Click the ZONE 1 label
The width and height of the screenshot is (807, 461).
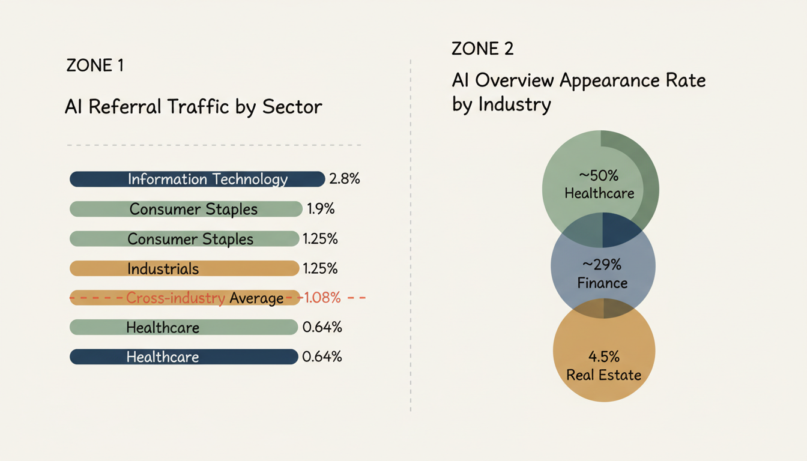pyautogui.click(x=95, y=65)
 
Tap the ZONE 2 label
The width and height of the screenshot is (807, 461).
pyautogui.click(x=482, y=49)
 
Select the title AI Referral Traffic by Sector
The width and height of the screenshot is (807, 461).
pyautogui.click(x=193, y=107)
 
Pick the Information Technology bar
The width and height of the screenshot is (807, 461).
pyautogui.click(x=197, y=179)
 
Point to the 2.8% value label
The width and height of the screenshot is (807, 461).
pyautogui.click(x=345, y=179)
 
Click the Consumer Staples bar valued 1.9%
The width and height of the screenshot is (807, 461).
pyautogui.click(x=186, y=209)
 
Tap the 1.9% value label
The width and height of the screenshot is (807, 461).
pyautogui.click(x=321, y=209)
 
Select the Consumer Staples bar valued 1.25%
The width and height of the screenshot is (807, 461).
pyautogui.click(x=184, y=239)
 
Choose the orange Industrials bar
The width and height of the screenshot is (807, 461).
pyautogui.click(x=184, y=268)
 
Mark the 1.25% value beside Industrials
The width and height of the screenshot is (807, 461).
pyautogui.click(x=321, y=268)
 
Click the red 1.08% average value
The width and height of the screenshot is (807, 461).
pyautogui.click(x=322, y=298)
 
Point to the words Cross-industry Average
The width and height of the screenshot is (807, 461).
pyautogui.click(x=205, y=298)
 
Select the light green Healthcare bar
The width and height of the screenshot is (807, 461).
pyautogui.click(x=184, y=327)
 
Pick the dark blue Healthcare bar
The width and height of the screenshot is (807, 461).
pyautogui.click(x=184, y=357)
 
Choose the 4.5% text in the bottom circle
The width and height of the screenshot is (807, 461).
pyautogui.click(x=603, y=357)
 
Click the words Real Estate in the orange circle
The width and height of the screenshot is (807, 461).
pyautogui.click(x=603, y=375)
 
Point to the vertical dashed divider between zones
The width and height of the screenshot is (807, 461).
pyautogui.click(x=410, y=240)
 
